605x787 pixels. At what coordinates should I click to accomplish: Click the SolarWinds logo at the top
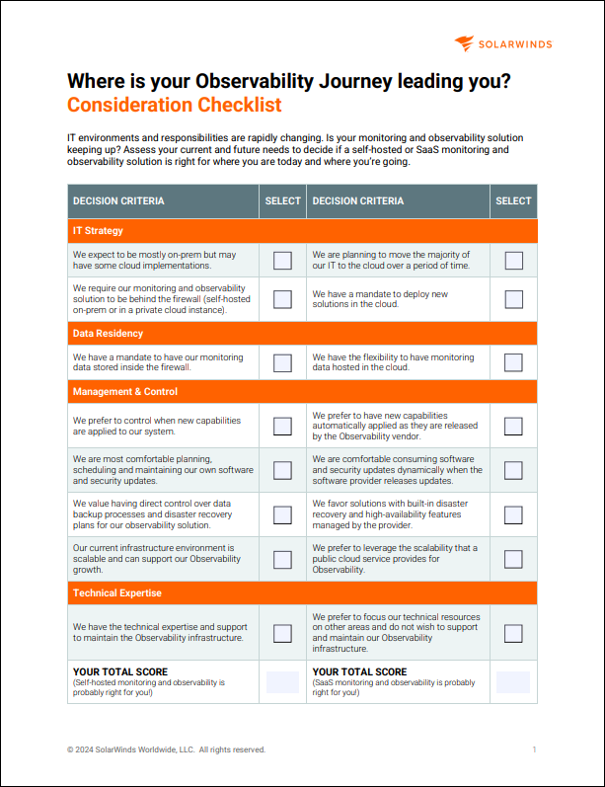(x=503, y=43)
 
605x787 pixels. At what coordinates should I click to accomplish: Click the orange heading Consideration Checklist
(x=174, y=105)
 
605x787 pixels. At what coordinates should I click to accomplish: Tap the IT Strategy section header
(x=98, y=231)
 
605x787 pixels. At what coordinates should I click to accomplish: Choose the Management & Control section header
(x=125, y=392)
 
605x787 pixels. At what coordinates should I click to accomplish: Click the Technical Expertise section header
(x=117, y=593)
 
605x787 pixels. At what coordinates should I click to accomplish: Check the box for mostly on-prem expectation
(x=282, y=261)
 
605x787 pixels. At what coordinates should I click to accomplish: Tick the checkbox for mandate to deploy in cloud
(x=513, y=299)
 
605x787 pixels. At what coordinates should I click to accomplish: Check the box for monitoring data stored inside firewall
(x=282, y=361)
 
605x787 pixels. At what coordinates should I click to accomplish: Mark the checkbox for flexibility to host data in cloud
(x=513, y=361)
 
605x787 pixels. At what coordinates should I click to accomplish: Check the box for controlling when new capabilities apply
(x=282, y=427)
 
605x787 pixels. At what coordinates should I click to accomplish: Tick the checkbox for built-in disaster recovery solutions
(x=513, y=514)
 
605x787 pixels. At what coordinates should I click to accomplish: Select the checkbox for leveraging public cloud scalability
(x=513, y=559)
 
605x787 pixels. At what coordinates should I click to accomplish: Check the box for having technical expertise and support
(x=282, y=633)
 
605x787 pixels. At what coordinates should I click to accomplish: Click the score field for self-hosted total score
(x=282, y=681)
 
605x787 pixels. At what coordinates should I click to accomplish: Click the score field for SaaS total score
(x=513, y=681)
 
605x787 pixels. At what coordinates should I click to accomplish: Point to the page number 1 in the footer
(x=534, y=749)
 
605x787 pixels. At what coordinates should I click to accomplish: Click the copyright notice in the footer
(x=166, y=749)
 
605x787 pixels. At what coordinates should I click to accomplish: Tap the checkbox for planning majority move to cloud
(x=513, y=261)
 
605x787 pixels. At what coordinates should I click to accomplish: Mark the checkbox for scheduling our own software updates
(x=282, y=470)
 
